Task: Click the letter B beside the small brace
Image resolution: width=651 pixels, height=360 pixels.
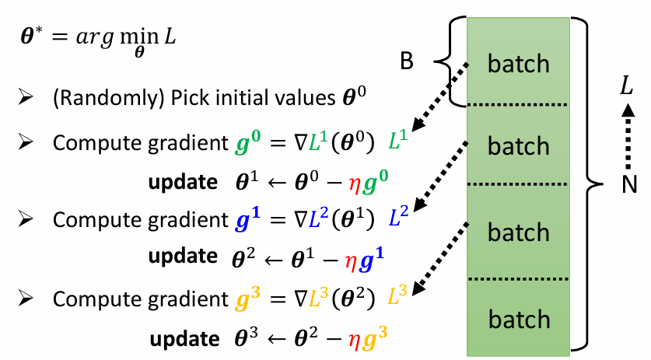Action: (408, 62)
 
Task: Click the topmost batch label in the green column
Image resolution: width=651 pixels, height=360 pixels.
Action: (518, 63)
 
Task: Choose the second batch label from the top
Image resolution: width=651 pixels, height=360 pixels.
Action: (518, 145)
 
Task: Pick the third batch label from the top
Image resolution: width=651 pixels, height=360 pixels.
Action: (518, 232)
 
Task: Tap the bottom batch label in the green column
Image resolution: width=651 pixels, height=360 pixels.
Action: (518, 318)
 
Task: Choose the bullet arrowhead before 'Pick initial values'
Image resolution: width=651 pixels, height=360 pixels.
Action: (26, 99)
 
